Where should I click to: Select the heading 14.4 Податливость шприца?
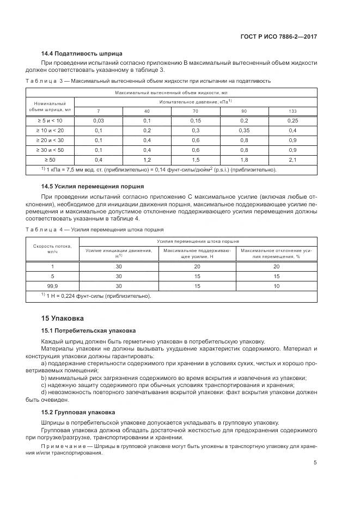[x=82, y=53]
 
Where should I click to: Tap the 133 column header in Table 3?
[x=292, y=111]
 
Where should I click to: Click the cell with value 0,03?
[x=99, y=120]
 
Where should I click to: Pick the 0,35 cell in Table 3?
[x=244, y=130]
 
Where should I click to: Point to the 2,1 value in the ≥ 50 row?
[x=292, y=160]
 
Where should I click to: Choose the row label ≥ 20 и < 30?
[x=50, y=140]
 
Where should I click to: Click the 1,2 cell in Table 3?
[x=147, y=160]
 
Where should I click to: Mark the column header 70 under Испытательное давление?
[x=196, y=111]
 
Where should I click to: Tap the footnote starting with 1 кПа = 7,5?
[x=158, y=169]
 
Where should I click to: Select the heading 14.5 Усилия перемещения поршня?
[x=93, y=186]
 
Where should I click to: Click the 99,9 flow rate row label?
[x=53, y=286]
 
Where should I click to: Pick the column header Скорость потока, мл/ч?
[x=53, y=249]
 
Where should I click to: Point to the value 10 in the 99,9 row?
[x=277, y=286]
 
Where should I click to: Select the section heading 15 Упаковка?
[x=63, y=318]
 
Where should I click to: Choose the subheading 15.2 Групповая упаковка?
[x=81, y=412]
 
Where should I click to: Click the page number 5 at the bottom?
[x=315, y=463]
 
